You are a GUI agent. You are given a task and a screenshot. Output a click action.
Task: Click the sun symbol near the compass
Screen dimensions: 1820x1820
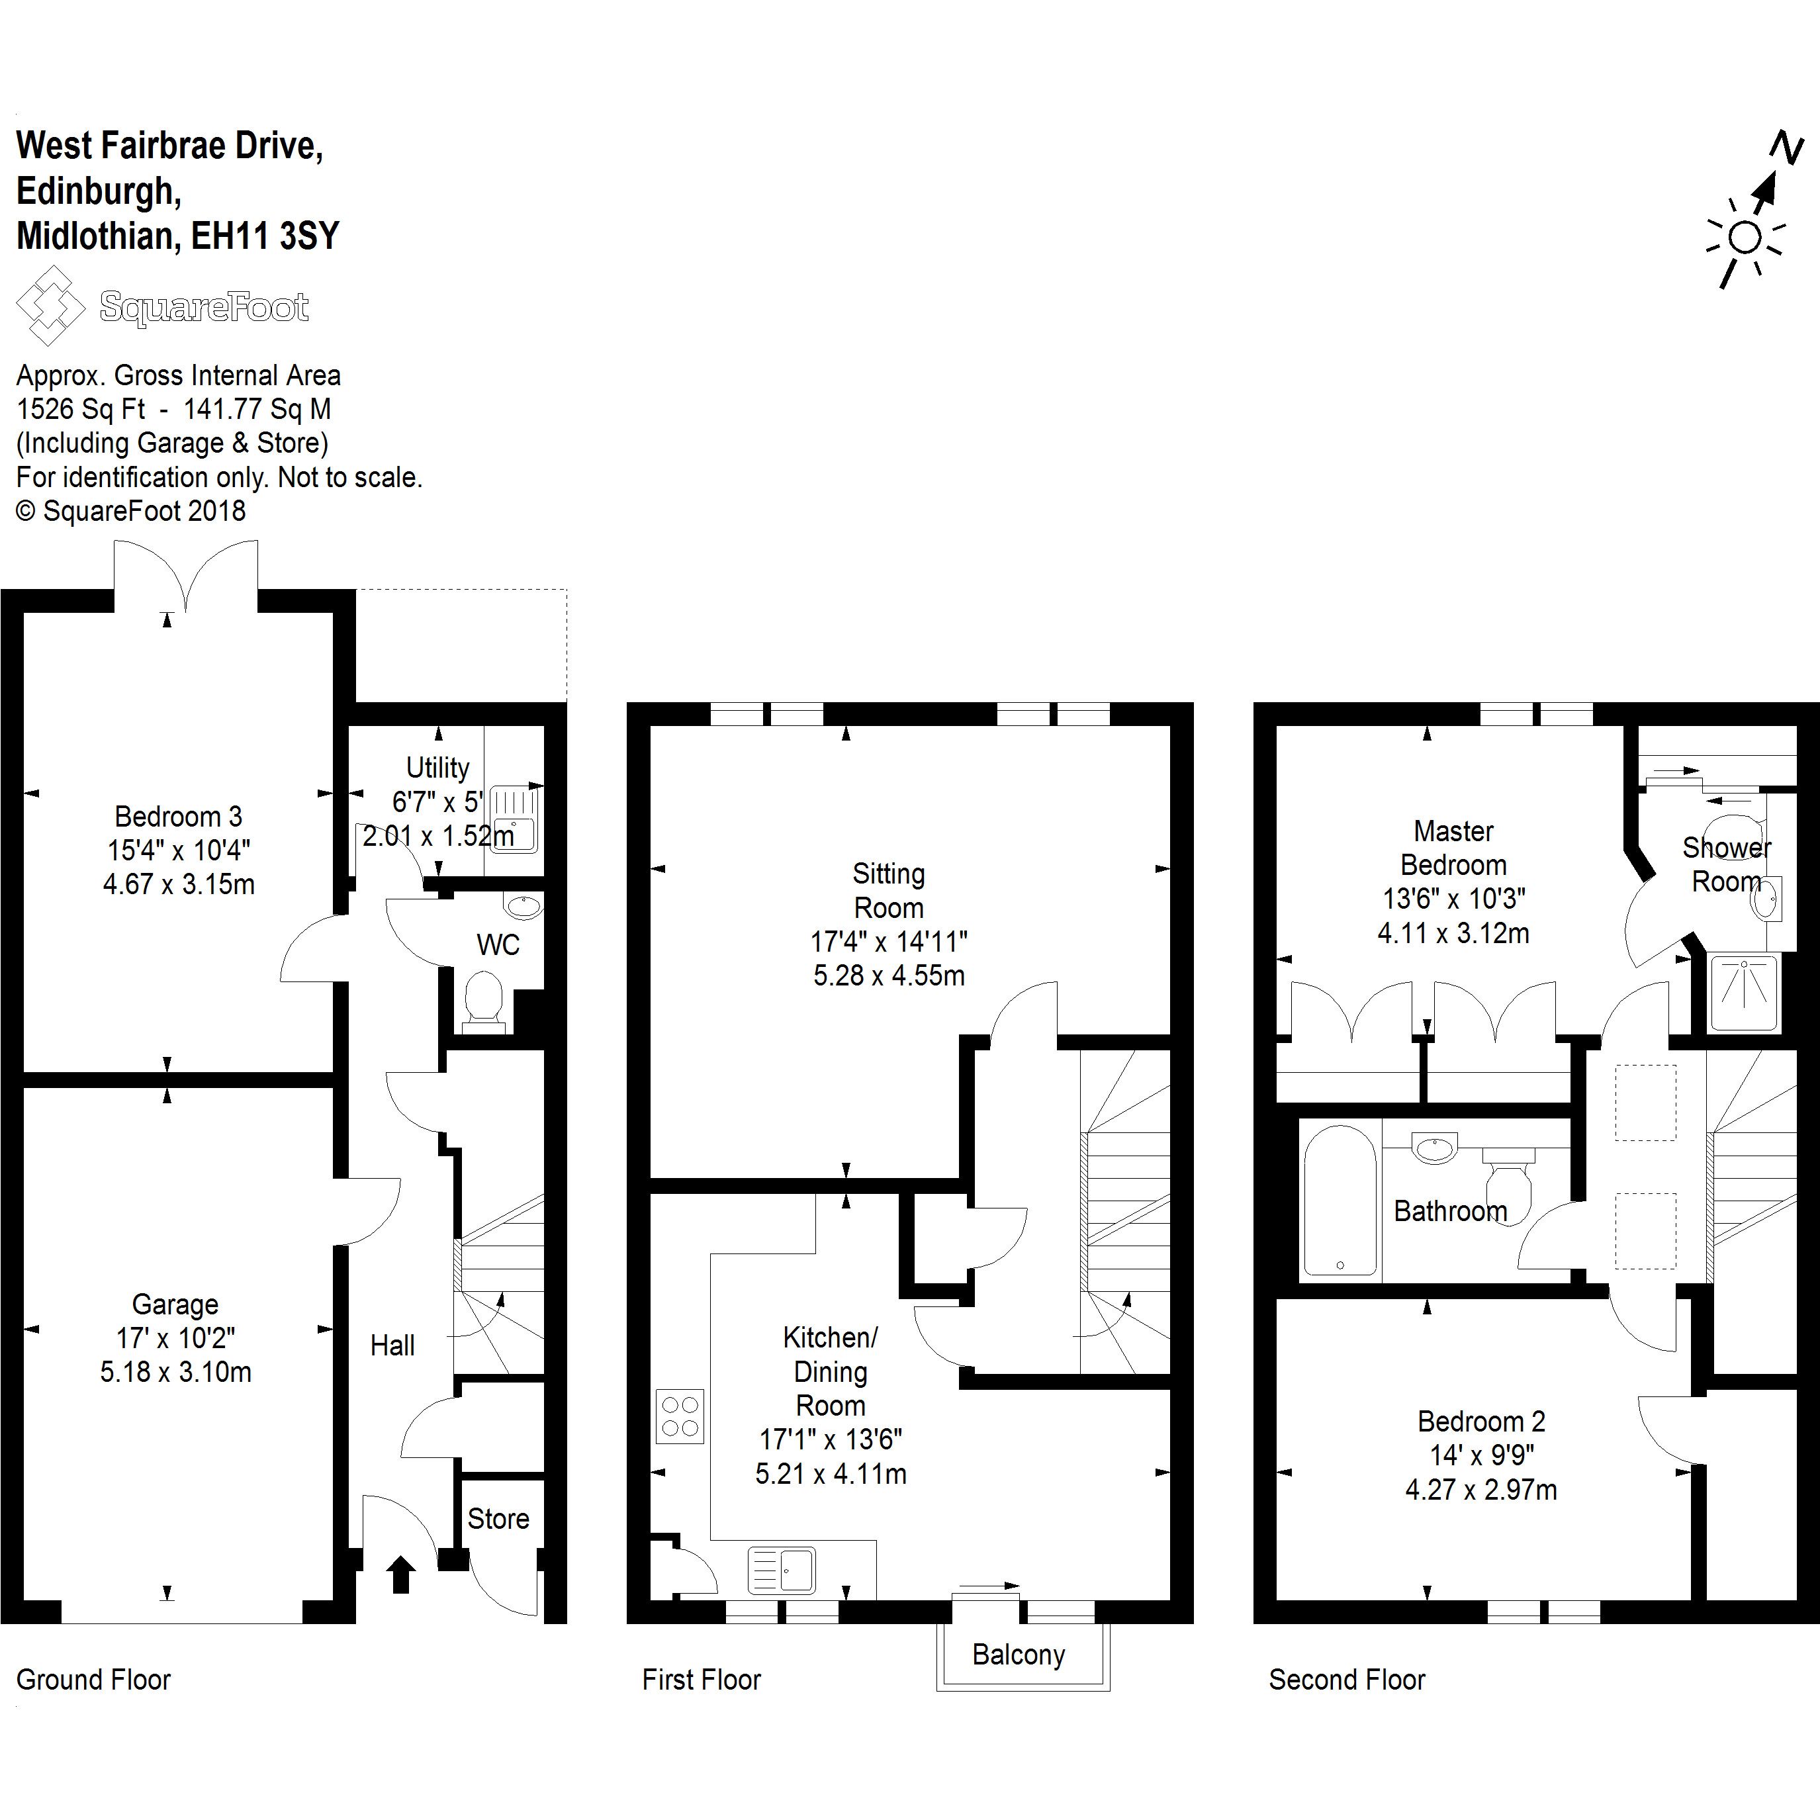[1745, 238]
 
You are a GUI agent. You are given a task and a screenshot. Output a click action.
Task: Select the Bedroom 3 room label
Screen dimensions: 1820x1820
[178, 816]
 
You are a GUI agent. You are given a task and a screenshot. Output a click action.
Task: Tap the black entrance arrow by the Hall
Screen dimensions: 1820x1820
[401, 1574]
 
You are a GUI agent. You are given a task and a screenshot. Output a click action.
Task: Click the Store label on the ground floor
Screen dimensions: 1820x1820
[498, 1519]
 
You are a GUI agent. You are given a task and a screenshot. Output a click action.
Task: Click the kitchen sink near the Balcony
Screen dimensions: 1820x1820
[782, 1570]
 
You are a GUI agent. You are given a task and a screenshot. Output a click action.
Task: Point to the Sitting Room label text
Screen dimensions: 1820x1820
[888, 890]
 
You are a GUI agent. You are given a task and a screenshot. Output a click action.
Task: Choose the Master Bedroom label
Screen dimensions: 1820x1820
[1453, 848]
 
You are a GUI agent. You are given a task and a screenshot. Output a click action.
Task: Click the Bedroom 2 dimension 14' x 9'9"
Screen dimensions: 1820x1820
[1481, 1455]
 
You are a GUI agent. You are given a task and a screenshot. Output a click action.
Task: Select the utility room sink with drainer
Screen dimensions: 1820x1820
[514, 817]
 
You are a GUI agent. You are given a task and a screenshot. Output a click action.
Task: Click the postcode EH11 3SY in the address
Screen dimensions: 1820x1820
[265, 236]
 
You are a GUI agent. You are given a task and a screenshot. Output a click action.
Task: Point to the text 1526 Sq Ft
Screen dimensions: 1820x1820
[81, 409]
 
